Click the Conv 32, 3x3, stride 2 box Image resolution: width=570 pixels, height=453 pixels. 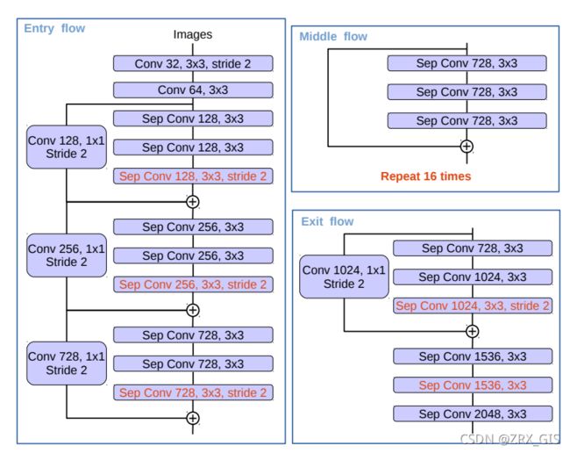[x=193, y=64]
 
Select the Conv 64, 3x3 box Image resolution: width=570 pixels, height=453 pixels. [x=193, y=90]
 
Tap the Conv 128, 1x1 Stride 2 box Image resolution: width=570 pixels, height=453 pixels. [x=67, y=147]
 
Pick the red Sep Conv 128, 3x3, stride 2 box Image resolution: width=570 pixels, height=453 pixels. [x=193, y=176]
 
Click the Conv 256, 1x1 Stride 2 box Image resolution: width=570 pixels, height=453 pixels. [x=67, y=255]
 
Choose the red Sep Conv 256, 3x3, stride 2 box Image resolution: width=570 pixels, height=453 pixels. [x=193, y=284]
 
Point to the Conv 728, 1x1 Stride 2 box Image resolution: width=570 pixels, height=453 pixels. [x=67, y=363]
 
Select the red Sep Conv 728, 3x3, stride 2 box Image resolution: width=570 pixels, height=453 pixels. [x=193, y=392]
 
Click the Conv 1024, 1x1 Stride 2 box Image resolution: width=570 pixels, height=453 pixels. [x=344, y=277]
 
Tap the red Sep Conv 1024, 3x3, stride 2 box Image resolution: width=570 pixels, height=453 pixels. [x=473, y=306]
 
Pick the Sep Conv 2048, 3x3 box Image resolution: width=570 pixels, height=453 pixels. [x=473, y=413]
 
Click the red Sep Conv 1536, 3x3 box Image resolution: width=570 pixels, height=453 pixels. [x=473, y=385]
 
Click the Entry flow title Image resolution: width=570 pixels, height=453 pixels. [x=54, y=28]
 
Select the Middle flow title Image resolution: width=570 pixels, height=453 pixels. [x=333, y=36]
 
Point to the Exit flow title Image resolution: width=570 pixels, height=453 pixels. [x=327, y=221]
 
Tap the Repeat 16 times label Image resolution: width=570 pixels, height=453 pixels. [x=425, y=176]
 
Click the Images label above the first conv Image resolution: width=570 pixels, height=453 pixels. [x=193, y=34]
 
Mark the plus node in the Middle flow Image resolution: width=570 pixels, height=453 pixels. [x=467, y=147]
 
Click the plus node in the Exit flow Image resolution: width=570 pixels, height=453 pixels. [x=472, y=332]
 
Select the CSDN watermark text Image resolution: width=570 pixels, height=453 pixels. [x=509, y=439]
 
